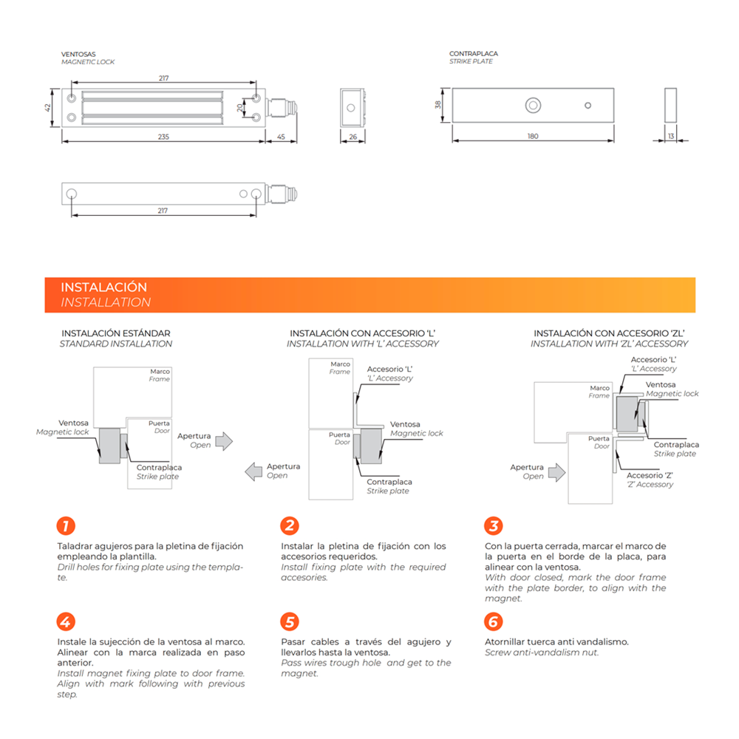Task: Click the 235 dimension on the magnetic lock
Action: tap(163, 137)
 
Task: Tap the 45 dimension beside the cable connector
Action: tap(281, 137)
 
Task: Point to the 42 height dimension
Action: tap(47, 107)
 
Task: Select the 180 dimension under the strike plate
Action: tap(533, 136)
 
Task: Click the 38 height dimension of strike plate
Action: tap(438, 105)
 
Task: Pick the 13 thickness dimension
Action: tap(671, 136)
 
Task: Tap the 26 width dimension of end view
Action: tap(353, 137)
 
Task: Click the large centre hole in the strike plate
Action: tap(533, 105)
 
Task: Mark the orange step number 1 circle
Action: tap(66, 525)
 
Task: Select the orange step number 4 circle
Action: tap(66, 621)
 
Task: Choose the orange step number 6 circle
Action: tap(494, 621)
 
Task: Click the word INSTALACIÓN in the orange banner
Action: tap(103, 287)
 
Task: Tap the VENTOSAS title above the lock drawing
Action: tap(78, 54)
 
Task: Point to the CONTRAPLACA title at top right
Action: tap(474, 54)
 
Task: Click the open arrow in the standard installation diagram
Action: tap(225, 441)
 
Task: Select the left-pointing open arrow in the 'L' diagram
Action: tap(253, 471)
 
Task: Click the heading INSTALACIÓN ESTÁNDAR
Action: tap(116, 333)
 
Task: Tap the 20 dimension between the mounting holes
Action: tap(240, 108)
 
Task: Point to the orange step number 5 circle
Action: tap(290, 621)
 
